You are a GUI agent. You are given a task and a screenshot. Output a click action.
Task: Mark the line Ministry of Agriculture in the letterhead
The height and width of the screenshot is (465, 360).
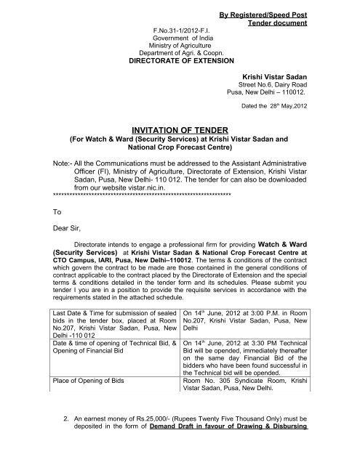click(178, 47)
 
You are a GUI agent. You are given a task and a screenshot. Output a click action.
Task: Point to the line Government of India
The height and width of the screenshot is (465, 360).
click(178, 39)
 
